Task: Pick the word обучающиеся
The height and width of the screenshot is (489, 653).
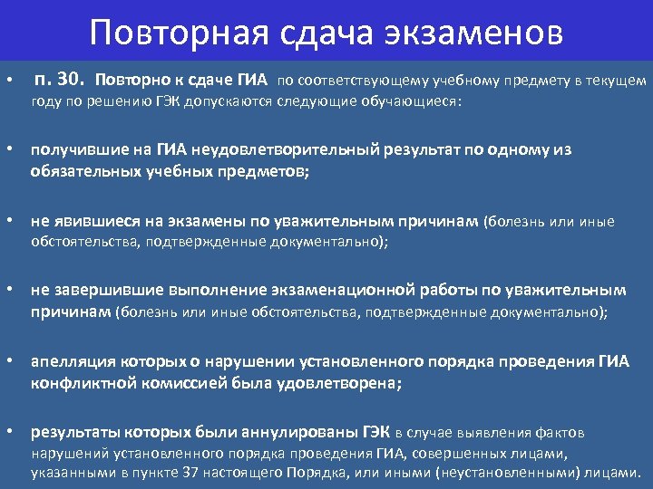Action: (415, 102)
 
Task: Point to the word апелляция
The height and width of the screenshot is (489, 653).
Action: (71, 362)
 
